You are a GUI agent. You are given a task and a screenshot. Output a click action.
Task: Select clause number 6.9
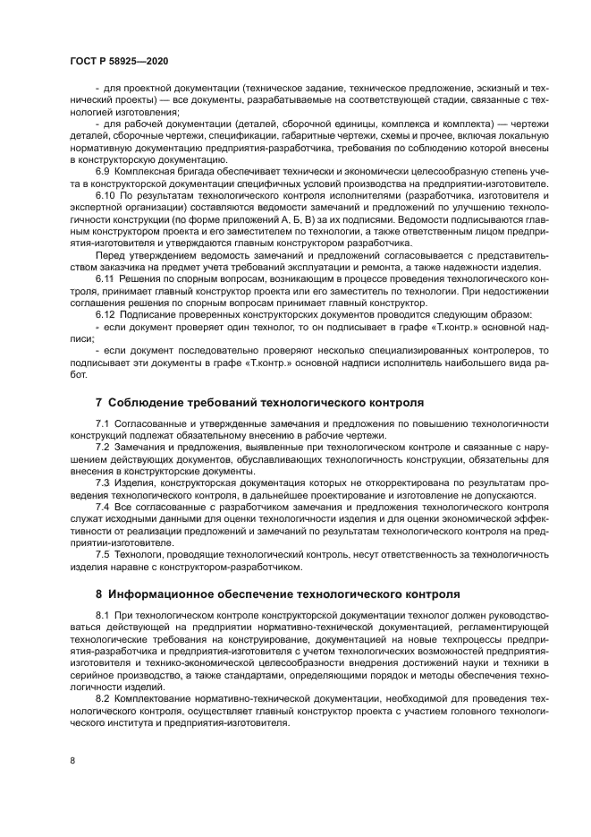tap(104, 170)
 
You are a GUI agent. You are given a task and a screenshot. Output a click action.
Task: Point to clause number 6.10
tap(106, 193)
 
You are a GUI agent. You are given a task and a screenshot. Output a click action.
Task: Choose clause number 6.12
tap(106, 315)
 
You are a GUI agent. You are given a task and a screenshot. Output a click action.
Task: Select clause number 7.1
tap(103, 422)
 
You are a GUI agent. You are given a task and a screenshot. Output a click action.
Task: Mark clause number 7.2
tap(103, 445)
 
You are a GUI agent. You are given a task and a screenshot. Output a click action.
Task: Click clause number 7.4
tap(103, 506)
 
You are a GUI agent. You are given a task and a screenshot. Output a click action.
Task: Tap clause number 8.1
tap(103, 617)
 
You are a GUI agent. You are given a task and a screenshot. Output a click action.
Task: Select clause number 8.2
tap(103, 696)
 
